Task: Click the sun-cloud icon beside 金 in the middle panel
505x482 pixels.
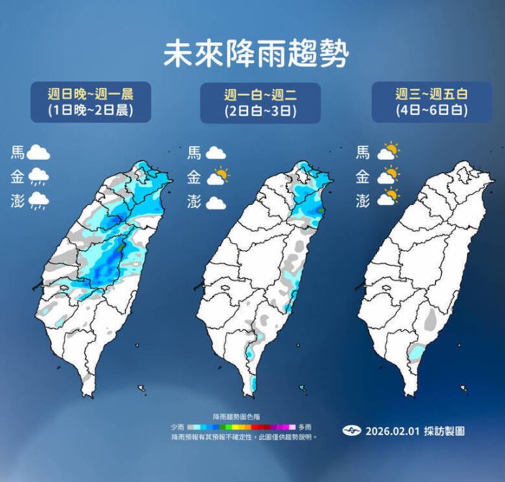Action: point(217,176)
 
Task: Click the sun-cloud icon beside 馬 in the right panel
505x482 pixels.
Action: point(388,152)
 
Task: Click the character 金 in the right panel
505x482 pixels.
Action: point(363,176)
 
